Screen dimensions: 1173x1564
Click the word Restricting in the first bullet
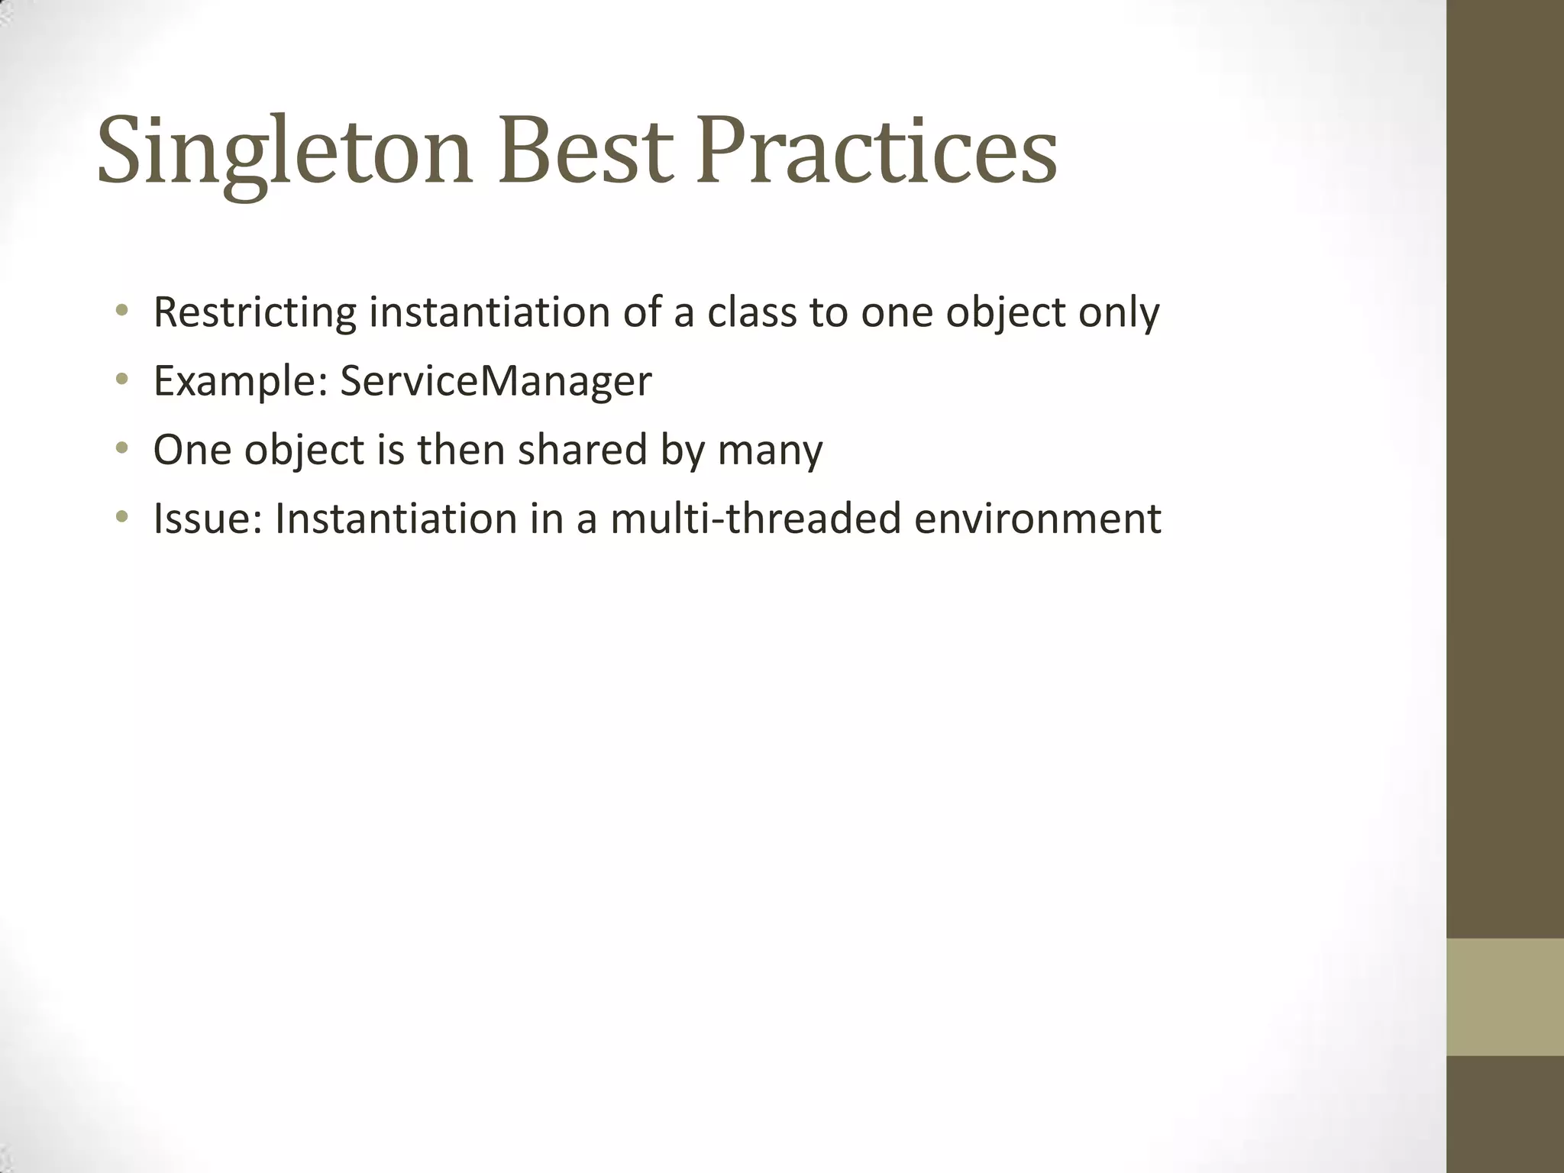[x=254, y=312]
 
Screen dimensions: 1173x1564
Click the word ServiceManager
[x=496, y=380]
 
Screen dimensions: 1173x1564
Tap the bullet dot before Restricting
[x=121, y=311]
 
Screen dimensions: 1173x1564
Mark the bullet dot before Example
[x=121, y=380]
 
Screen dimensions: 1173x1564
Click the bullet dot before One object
[x=121, y=448]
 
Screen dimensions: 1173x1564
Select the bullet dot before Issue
[x=121, y=518]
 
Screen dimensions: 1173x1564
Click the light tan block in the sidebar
[x=1504, y=997]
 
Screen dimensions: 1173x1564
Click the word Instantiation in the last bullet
[x=396, y=519]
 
